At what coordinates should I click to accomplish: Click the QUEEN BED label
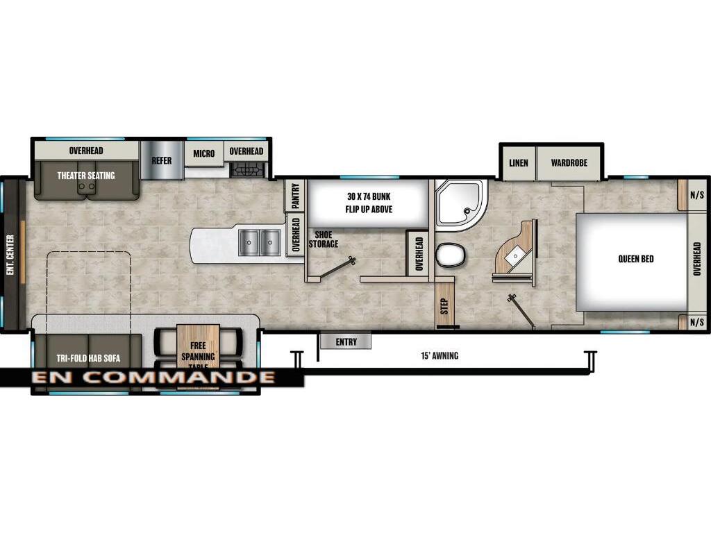coord(636,260)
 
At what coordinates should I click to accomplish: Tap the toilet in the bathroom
coord(449,256)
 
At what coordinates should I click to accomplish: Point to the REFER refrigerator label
coord(161,160)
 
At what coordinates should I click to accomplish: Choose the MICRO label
coord(204,153)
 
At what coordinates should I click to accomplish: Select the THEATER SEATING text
coord(86,176)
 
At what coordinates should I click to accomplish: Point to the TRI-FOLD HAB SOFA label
coord(88,359)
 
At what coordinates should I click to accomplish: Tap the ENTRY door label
coord(346,341)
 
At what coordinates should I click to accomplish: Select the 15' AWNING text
coord(440,356)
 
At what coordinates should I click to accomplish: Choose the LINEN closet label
coord(518,163)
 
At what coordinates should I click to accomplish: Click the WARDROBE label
coord(569,163)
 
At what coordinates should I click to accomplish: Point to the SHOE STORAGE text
coord(324,239)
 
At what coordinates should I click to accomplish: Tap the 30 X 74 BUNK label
coord(368,203)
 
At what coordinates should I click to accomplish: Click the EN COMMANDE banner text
coord(153,378)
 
